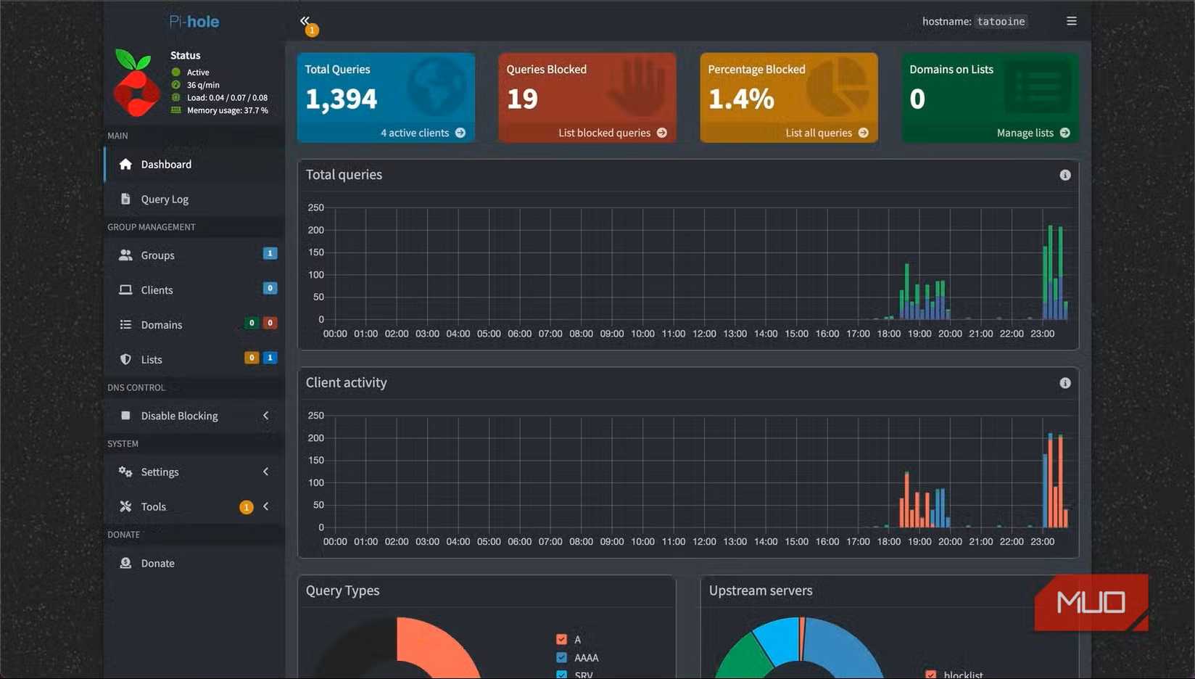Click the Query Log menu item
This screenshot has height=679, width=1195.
pos(165,199)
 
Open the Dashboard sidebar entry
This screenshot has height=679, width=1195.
pos(166,165)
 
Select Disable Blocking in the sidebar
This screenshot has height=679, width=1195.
pos(179,416)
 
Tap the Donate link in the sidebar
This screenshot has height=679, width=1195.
pos(157,564)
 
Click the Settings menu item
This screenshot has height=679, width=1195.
pos(160,472)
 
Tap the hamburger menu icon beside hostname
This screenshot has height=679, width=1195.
pos(1071,21)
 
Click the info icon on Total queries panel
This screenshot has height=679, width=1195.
pos(1064,175)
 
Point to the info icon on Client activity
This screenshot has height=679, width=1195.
pos(1064,383)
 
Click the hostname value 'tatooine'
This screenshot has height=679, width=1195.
pos(1001,22)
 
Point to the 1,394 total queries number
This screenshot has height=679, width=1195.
pos(341,99)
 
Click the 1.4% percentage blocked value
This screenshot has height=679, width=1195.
pos(741,99)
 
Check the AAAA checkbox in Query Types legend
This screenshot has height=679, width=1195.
pos(561,657)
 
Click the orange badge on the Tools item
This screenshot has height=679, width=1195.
pos(247,507)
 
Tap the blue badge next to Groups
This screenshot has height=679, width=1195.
pos(270,253)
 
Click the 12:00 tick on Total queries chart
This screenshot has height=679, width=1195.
pos(704,334)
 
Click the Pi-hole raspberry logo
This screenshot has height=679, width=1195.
pos(136,83)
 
